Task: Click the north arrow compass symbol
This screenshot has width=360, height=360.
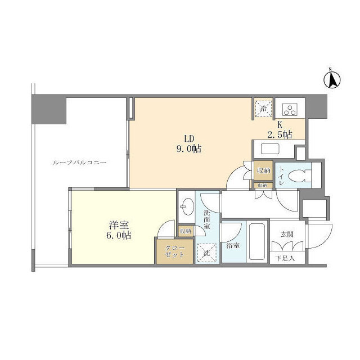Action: pyautogui.click(x=332, y=80)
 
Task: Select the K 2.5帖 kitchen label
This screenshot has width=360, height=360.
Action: pyautogui.click(x=279, y=130)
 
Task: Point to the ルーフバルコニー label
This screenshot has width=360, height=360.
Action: pyautogui.click(x=79, y=163)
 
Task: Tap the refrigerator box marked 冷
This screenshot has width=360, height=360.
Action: pyautogui.click(x=263, y=107)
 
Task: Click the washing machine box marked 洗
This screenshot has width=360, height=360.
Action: pyautogui.click(x=206, y=251)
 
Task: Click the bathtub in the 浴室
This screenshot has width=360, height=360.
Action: pyautogui.click(x=256, y=240)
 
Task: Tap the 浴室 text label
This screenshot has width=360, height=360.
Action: pyautogui.click(x=232, y=246)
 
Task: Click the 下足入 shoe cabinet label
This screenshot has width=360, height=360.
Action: pyautogui.click(x=285, y=258)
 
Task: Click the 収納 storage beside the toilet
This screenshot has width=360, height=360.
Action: pyautogui.click(x=263, y=170)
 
